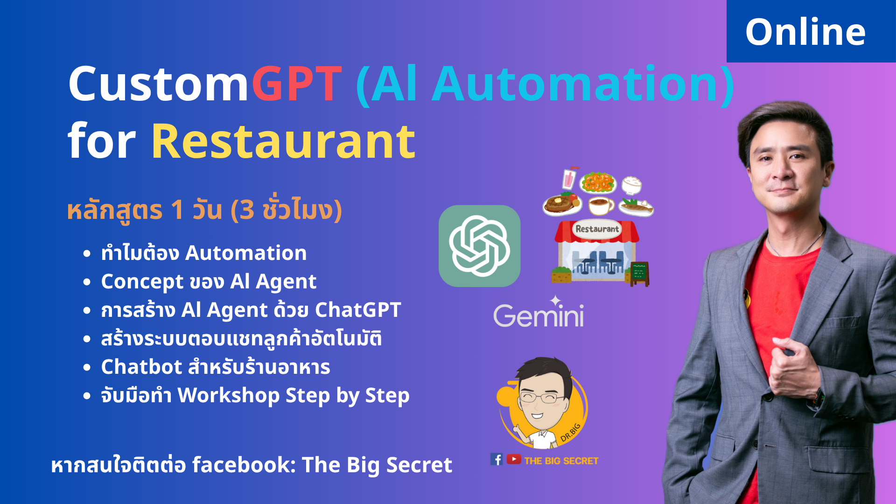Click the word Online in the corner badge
click(x=805, y=32)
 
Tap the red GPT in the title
click(x=297, y=84)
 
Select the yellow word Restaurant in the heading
click(x=283, y=141)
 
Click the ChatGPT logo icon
click(x=479, y=245)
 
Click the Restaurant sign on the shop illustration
click(x=597, y=229)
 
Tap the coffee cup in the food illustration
click(x=601, y=205)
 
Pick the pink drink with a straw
click(x=569, y=178)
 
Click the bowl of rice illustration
click(x=631, y=185)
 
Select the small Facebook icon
click(x=497, y=460)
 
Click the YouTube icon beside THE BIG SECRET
click(x=514, y=459)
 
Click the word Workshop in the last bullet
click(x=229, y=396)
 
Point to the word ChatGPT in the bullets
click(x=358, y=310)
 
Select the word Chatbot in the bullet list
click(x=141, y=367)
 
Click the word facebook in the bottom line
click(x=244, y=465)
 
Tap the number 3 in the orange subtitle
click(x=247, y=210)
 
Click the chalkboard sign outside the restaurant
click(x=639, y=273)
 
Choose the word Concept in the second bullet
click(x=142, y=282)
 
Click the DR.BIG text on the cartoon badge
click(x=571, y=432)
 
